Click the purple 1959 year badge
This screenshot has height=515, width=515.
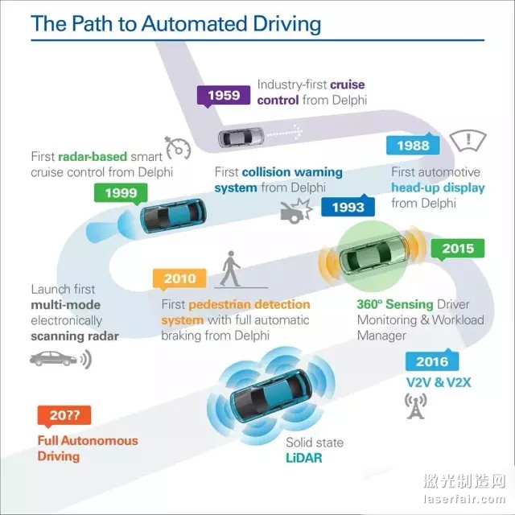pos(223,97)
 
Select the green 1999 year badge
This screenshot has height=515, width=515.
pos(121,192)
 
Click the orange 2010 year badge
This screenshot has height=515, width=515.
pos(179,279)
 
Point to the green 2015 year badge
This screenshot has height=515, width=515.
pos(457,249)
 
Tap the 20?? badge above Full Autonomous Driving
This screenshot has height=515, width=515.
pos(64,415)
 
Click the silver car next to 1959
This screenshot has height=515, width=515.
pos(243,137)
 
